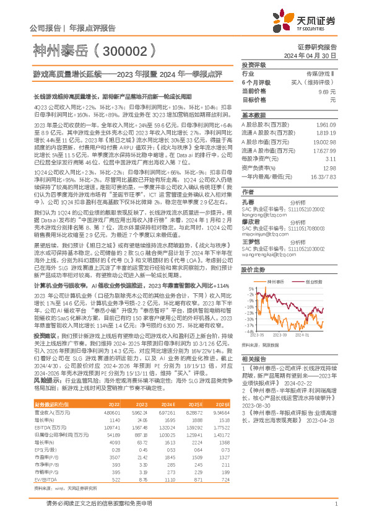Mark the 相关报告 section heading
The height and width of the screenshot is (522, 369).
tap(254, 359)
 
